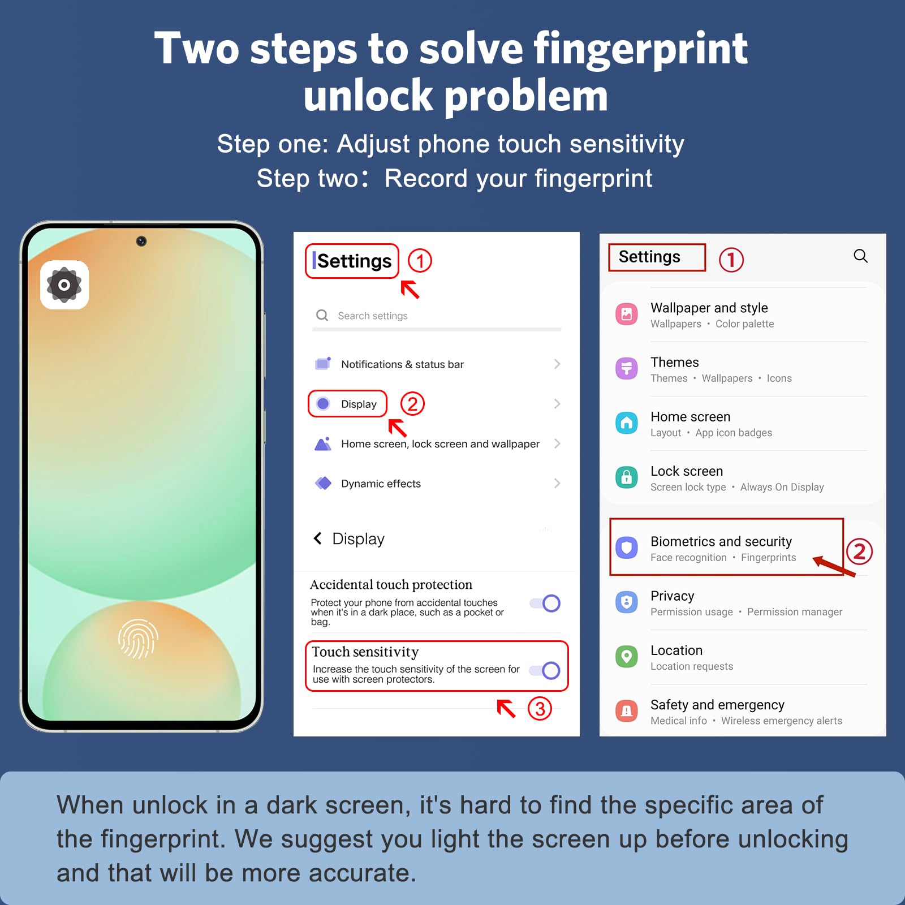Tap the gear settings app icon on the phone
coord(64,285)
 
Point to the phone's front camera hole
coord(141,242)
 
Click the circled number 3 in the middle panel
coord(540,709)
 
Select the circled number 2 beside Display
coord(412,404)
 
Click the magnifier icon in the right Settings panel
coord(860,256)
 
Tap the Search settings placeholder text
coord(373,316)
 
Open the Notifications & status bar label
coord(402,364)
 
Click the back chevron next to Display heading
coord(318,538)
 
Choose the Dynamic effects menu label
coord(381,484)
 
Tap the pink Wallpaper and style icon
coord(627,314)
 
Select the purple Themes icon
coord(627,369)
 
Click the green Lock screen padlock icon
coord(627,477)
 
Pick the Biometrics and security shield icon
coord(627,548)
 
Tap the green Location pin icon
coord(627,657)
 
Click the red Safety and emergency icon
coord(627,711)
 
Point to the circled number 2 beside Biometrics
coord(859,551)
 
